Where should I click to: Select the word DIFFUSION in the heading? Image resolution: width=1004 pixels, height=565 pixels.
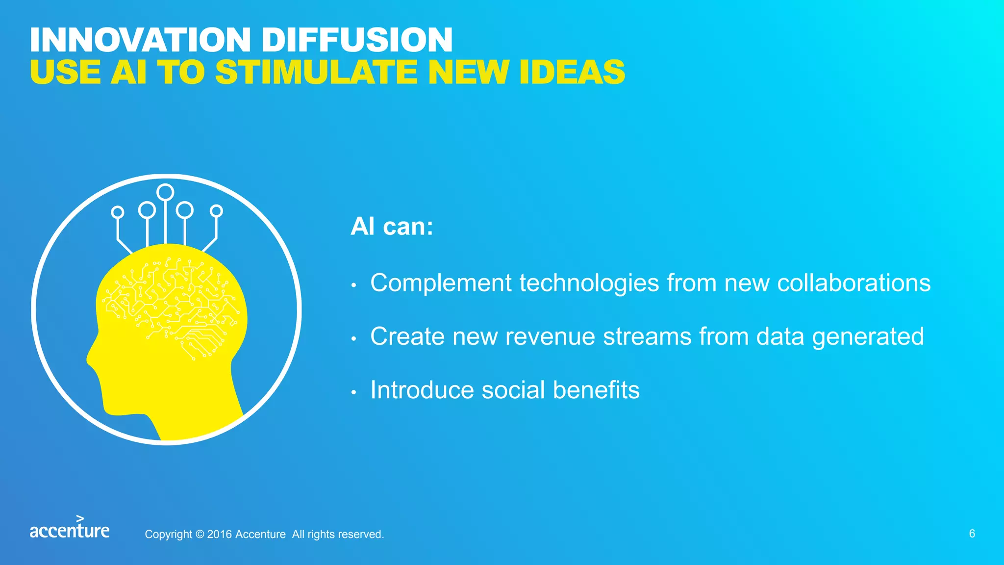[x=357, y=40]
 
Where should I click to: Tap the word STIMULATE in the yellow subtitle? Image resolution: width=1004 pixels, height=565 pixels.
[x=316, y=72]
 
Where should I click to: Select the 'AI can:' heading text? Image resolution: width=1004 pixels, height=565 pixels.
[x=392, y=227]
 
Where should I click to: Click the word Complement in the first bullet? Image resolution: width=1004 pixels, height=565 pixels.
[x=441, y=284]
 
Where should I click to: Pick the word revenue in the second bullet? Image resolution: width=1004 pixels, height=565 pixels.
[x=550, y=337]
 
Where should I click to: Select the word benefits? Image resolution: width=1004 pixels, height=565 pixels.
[x=596, y=390]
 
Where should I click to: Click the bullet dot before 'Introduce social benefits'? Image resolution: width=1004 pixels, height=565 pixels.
[x=353, y=392]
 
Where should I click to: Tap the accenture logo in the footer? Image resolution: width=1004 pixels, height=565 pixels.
[x=70, y=527]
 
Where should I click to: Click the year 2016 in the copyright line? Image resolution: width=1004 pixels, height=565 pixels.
[x=219, y=534]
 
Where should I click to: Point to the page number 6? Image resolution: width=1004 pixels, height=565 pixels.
[x=972, y=534]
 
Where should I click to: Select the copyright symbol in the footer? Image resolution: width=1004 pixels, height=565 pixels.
[x=200, y=534]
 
